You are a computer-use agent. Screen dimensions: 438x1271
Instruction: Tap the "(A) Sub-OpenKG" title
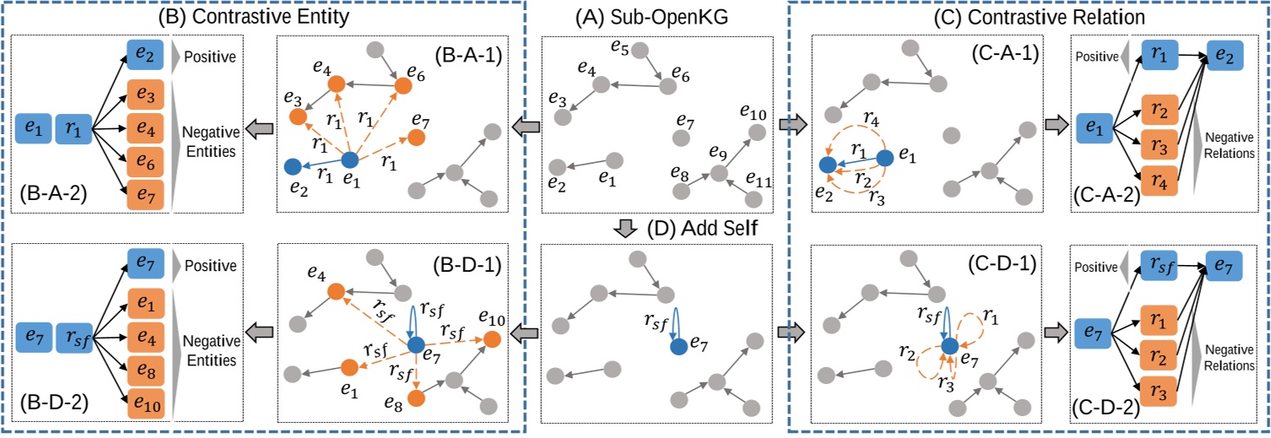(x=655, y=14)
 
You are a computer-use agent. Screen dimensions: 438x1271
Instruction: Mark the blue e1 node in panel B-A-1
(x=350, y=159)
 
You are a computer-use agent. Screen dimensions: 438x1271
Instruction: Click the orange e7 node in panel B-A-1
(x=416, y=137)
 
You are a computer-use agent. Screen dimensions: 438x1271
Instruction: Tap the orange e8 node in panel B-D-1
(x=415, y=397)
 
